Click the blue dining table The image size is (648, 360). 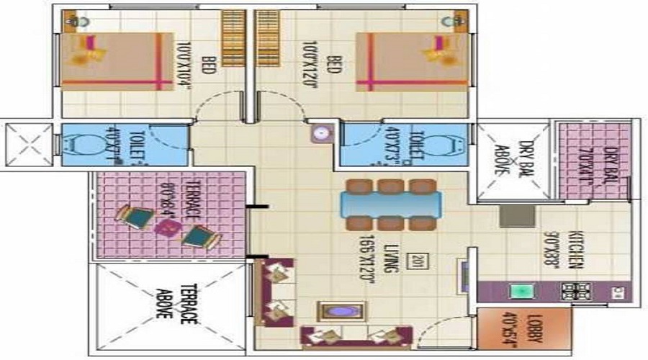[x=390, y=203]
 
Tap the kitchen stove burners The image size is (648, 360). [x=576, y=292]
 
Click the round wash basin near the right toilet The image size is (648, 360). [x=321, y=134]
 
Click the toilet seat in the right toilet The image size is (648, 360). [x=452, y=143]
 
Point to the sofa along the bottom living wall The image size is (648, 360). [x=356, y=337]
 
